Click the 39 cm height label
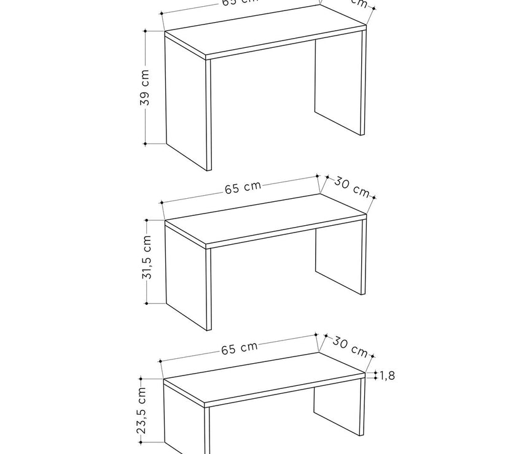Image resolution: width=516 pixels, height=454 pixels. [x=145, y=87]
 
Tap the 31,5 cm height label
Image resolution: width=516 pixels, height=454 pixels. [x=147, y=258]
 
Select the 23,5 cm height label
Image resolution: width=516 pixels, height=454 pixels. [x=141, y=410]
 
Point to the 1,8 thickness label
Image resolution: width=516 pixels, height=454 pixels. [x=387, y=375]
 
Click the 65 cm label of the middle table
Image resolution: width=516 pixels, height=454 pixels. [x=242, y=187]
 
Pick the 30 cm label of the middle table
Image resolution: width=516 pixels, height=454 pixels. [x=352, y=187]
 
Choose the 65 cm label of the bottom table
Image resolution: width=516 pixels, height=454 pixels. [x=240, y=348]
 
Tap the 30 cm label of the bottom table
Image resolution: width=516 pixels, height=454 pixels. [x=350, y=347]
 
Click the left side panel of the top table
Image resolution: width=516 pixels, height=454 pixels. [x=187, y=104]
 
